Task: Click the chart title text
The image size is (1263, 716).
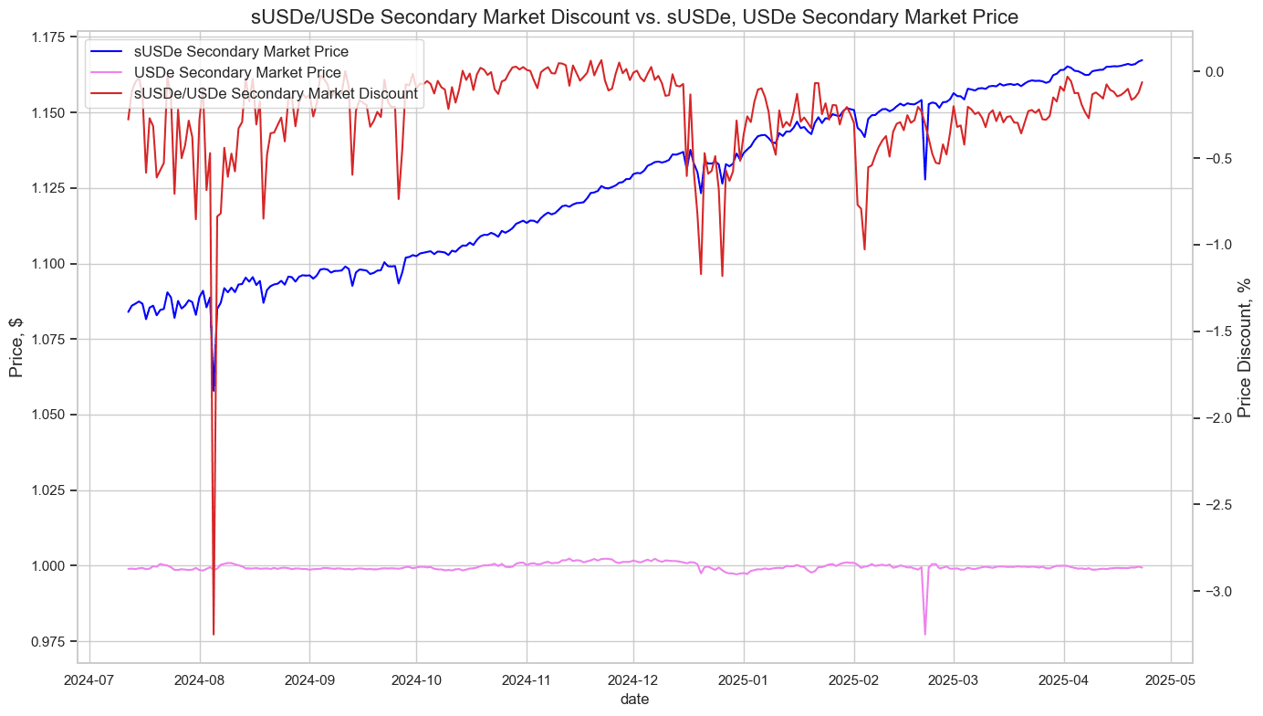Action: point(634,16)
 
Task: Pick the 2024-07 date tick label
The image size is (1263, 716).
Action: point(90,680)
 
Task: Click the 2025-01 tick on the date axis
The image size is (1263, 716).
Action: point(744,680)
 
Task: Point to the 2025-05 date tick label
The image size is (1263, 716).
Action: point(1171,680)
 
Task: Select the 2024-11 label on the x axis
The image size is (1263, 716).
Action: point(527,680)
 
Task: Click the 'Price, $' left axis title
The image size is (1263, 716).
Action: point(16,348)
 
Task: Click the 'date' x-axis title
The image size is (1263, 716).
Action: point(634,699)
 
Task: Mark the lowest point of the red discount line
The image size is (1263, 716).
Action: point(214,634)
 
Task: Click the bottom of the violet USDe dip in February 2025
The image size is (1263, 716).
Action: point(924,634)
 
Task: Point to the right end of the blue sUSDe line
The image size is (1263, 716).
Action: point(1142,60)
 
